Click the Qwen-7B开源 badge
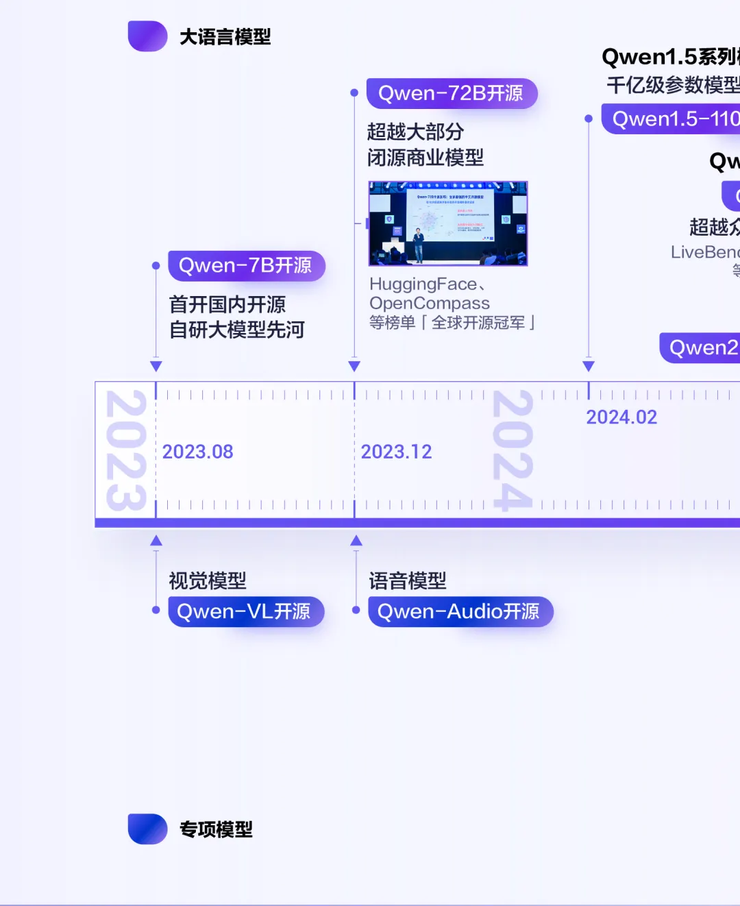245,266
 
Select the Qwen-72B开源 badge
451,93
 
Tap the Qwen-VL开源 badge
245,611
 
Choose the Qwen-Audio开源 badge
459,611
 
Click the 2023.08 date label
197,452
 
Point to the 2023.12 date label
396,452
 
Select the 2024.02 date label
621,417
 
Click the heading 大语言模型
225,37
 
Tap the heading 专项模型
216,829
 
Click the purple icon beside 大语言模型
147,36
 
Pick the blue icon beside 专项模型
147,829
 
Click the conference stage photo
448,223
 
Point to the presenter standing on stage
418,245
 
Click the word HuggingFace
423,284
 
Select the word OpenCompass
430,303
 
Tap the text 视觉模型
208,581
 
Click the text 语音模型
408,581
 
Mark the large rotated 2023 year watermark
126,450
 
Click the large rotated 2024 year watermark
513,450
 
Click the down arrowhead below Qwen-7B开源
156,366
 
